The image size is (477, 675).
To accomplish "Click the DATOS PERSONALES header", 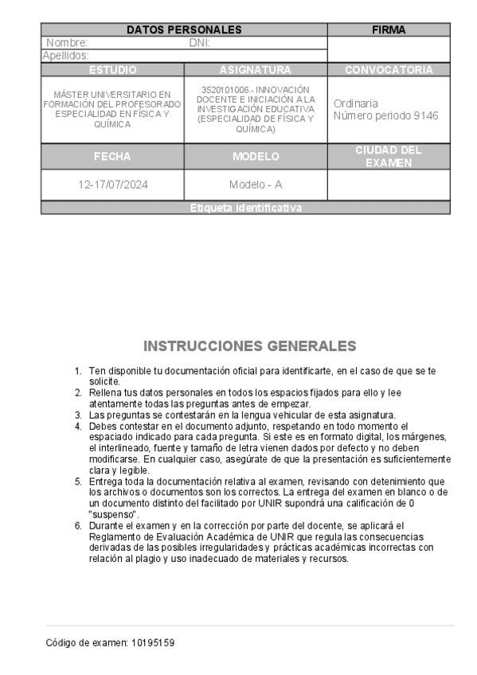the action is click(184, 29).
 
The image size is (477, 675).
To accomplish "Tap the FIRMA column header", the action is click(389, 29).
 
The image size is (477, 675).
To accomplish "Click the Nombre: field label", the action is click(67, 43).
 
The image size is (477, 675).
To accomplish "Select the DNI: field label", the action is click(199, 43).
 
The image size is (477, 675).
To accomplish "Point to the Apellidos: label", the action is click(65, 56).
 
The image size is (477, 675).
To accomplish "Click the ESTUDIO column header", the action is click(112, 70).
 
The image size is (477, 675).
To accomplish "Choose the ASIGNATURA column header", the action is click(255, 70).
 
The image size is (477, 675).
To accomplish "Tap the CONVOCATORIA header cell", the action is click(389, 70).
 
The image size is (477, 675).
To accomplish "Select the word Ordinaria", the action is click(356, 103).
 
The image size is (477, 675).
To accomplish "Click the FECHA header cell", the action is click(112, 157).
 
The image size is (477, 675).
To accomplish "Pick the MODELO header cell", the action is click(255, 157).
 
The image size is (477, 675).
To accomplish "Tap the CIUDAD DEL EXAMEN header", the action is click(389, 157).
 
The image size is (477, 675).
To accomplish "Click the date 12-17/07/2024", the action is click(112, 185).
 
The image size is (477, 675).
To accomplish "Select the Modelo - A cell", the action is click(255, 185).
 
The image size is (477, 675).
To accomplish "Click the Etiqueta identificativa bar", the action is click(246, 209).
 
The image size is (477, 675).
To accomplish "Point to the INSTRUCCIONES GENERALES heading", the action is click(249, 346).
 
